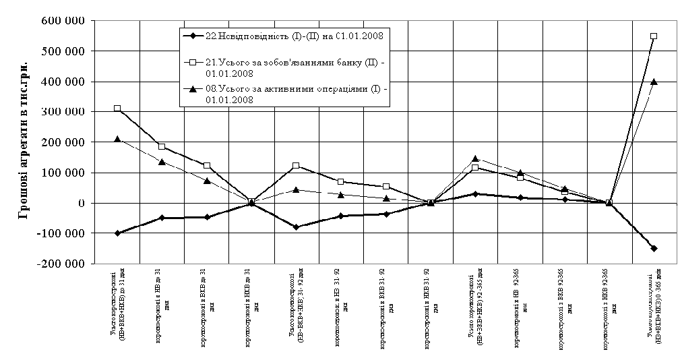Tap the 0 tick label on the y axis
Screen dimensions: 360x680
click(80, 203)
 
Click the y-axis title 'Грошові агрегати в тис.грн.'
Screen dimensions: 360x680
click(23, 142)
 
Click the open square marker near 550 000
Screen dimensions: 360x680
click(654, 36)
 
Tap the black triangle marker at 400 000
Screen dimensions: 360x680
click(654, 82)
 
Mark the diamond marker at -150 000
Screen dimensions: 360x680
click(654, 248)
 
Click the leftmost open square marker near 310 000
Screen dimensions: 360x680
click(117, 109)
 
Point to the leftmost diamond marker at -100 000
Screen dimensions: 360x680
click(117, 233)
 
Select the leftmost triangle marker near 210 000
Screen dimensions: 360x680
click(117, 139)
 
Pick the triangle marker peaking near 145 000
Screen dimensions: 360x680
click(475, 159)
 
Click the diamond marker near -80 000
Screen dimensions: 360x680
click(296, 227)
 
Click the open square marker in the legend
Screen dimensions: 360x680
click(193, 61)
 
